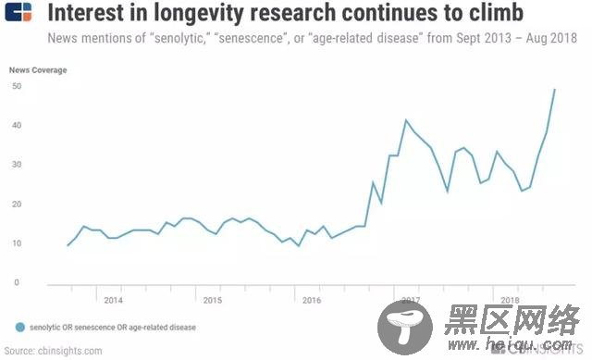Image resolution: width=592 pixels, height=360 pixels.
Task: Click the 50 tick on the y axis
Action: (x=17, y=86)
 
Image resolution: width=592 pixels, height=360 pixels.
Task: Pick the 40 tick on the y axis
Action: (x=17, y=126)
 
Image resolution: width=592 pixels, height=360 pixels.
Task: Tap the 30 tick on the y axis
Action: (x=17, y=165)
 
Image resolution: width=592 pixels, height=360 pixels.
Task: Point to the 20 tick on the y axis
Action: (x=17, y=205)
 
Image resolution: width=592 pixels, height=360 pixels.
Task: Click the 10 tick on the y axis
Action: (x=17, y=243)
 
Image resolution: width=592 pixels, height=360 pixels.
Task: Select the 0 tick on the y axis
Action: (x=17, y=283)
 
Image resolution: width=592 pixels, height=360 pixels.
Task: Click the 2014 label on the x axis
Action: (x=113, y=300)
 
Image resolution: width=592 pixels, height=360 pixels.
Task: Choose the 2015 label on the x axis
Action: (x=212, y=300)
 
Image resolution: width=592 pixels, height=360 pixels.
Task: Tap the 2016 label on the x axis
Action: (x=312, y=300)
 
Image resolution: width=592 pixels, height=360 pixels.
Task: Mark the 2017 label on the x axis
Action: (x=411, y=300)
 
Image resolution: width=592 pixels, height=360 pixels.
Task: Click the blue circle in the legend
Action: (x=20, y=327)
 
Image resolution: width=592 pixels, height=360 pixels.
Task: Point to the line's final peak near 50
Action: (x=554, y=90)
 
